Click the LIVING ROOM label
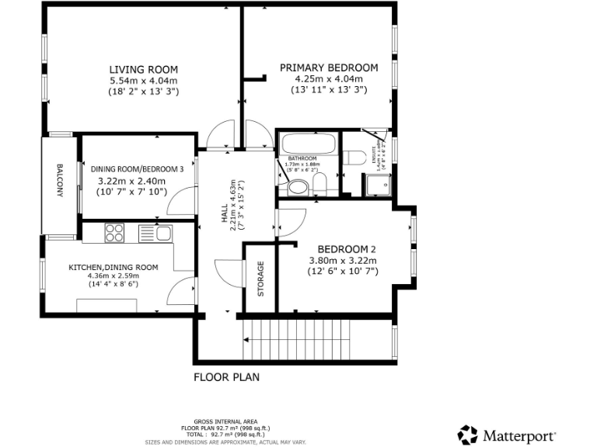(143, 68)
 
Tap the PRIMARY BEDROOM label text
(329, 68)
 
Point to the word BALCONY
(59, 181)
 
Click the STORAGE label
(260, 279)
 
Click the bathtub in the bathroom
(308, 144)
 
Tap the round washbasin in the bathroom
(296, 187)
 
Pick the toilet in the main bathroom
(319, 184)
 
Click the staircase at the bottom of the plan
(315, 341)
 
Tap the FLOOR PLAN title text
(226, 378)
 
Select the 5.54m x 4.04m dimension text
(143, 80)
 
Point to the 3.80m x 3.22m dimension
(343, 261)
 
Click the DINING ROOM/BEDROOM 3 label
(137, 169)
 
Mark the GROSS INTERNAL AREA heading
(225, 422)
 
